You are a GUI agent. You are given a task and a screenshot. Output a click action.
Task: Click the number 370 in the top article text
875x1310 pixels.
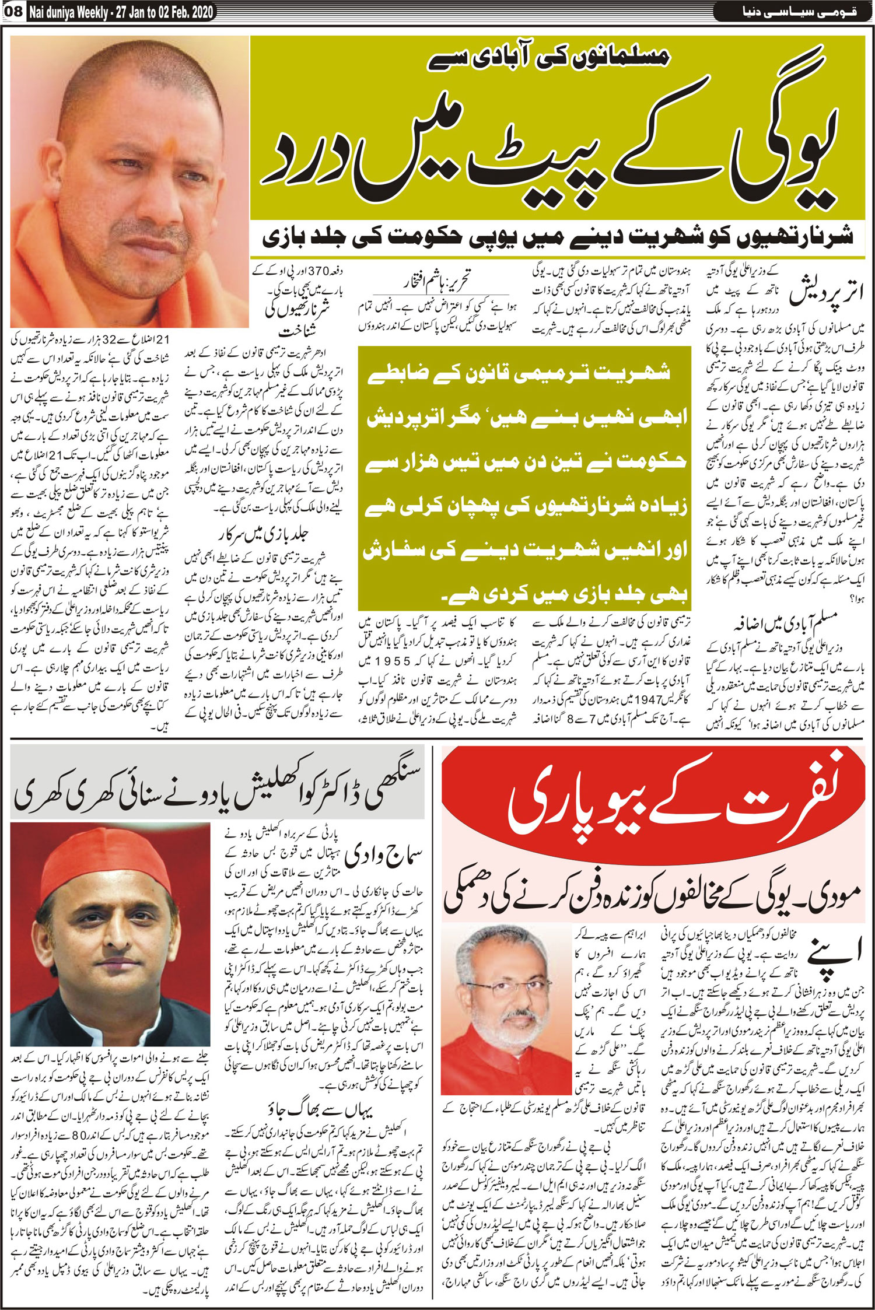coord(318,271)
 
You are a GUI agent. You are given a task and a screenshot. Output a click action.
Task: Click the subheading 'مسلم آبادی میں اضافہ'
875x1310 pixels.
coord(784,625)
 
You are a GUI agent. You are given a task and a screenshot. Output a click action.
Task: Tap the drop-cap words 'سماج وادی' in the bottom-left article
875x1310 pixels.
coord(383,856)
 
